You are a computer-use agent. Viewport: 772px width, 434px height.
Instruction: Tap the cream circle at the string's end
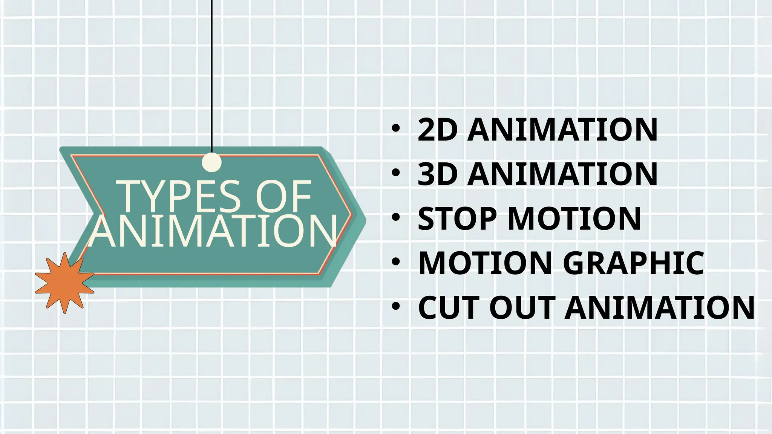coord(211,162)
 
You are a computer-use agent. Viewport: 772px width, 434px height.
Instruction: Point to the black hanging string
coord(211,75)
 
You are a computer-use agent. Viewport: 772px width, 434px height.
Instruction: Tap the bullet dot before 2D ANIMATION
coord(395,129)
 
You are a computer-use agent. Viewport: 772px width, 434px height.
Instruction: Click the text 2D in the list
coord(438,130)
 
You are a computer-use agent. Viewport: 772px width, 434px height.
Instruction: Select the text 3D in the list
coord(438,174)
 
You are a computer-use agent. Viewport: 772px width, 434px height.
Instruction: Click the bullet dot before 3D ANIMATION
coord(395,173)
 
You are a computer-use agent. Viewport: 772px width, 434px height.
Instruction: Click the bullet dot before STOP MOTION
coord(395,217)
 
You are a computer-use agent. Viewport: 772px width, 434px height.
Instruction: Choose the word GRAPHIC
coord(633,263)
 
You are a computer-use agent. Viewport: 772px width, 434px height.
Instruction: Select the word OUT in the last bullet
coord(522,307)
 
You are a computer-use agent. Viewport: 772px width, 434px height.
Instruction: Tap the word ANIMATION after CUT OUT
coord(659,307)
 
